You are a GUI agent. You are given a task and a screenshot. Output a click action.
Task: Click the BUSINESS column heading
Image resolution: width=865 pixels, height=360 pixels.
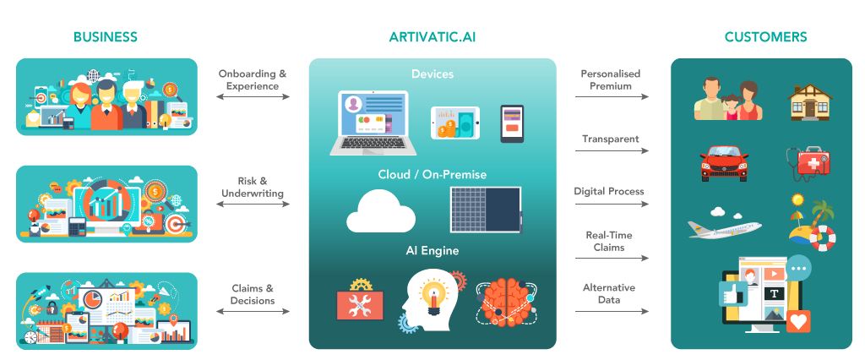[x=106, y=37]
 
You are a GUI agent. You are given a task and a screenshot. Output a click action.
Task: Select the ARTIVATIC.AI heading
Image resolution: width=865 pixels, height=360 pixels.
[x=432, y=37]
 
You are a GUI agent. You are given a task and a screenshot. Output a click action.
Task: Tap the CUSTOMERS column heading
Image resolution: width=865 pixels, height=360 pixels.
[x=765, y=37]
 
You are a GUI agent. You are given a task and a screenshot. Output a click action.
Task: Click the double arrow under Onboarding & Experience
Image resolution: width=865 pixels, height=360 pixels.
[x=253, y=96]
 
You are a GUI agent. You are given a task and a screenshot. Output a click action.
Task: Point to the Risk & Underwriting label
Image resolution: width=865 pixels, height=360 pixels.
[x=253, y=187]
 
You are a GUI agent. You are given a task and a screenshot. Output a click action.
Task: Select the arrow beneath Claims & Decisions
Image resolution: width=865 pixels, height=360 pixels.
[x=253, y=312]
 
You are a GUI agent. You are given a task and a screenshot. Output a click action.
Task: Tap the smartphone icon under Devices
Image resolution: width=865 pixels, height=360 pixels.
[x=512, y=123]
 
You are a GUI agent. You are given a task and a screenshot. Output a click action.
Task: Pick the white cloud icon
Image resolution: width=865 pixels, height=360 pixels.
[x=381, y=211]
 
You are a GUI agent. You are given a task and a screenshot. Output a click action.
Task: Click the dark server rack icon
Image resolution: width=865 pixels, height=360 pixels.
[x=486, y=210]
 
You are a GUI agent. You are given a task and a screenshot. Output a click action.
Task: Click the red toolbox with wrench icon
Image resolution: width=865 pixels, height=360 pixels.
[x=361, y=298]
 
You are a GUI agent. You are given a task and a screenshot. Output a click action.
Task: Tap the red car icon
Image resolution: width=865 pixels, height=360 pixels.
[x=724, y=162]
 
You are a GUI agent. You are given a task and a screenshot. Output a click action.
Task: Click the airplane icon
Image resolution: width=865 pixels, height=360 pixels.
[x=724, y=227]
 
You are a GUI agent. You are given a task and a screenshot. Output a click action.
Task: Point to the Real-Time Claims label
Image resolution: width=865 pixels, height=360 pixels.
[x=609, y=242]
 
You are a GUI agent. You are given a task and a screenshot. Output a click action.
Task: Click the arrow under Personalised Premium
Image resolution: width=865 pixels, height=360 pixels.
[x=612, y=96]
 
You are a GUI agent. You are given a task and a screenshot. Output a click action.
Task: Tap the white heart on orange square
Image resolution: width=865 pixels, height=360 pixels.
[x=799, y=321]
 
